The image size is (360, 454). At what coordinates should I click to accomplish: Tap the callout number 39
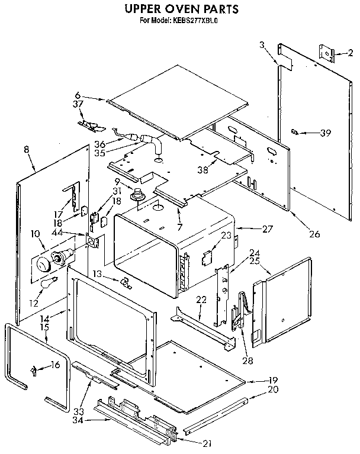(x=324, y=133)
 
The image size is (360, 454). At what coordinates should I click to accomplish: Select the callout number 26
(x=314, y=234)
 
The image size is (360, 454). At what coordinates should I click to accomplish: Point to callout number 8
(x=27, y=150)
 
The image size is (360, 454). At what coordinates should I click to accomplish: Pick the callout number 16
(x=55, y=365)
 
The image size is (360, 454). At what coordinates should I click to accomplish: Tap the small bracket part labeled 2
(x=326, y=54)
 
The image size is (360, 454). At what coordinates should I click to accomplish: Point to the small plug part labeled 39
(x=294, y=131)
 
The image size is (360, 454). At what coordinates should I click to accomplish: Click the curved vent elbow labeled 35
(x=155, y=143)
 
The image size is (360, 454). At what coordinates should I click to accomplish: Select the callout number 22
(x=202, y=300)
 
